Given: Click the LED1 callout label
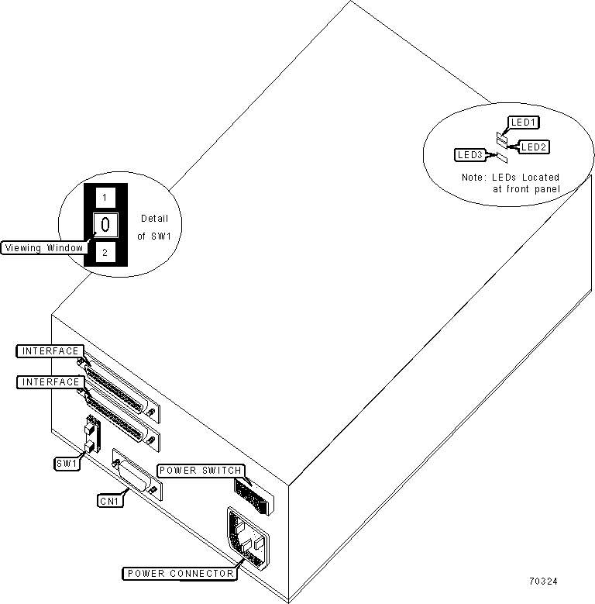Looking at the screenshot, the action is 524,123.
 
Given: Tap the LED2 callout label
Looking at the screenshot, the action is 534,147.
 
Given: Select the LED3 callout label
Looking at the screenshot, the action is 470,155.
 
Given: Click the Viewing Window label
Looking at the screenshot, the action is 44,247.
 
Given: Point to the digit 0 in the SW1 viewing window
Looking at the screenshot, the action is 105,224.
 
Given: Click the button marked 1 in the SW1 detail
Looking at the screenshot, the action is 105,198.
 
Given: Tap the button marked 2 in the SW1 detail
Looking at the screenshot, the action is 105,253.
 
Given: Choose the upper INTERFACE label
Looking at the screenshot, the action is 50,351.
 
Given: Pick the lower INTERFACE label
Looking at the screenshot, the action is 50,381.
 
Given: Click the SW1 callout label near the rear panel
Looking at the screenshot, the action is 67,464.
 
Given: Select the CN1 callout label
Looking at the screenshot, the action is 110,501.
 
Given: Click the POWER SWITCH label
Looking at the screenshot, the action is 201,471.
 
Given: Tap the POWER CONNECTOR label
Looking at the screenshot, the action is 180,574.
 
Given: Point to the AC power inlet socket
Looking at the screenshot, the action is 247,538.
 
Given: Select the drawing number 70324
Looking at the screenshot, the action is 543,582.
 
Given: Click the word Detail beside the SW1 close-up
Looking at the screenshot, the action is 155,219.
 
